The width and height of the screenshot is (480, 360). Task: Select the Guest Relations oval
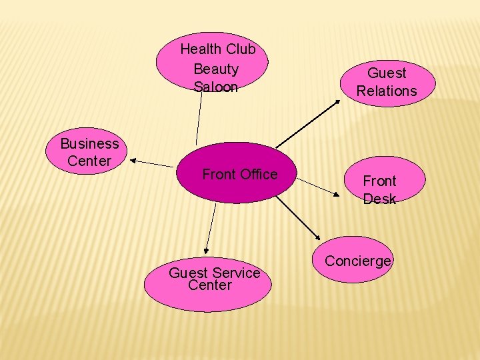(387, 81)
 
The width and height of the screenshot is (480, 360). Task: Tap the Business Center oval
(88, 151)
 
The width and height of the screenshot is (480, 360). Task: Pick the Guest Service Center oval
(208, 280)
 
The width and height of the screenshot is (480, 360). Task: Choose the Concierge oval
(358, 261)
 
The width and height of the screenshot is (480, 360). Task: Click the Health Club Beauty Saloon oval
(212, 61)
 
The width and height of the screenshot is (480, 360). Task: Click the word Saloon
(215, 87)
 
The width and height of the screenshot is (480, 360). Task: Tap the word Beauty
(215, 69)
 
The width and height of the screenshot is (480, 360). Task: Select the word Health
(201, 49)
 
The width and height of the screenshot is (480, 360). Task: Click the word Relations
(386, 91)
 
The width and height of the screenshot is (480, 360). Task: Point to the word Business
(89, 143)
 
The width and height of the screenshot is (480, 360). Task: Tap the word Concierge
(358, 261)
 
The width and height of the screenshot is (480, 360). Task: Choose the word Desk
(379, 199)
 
